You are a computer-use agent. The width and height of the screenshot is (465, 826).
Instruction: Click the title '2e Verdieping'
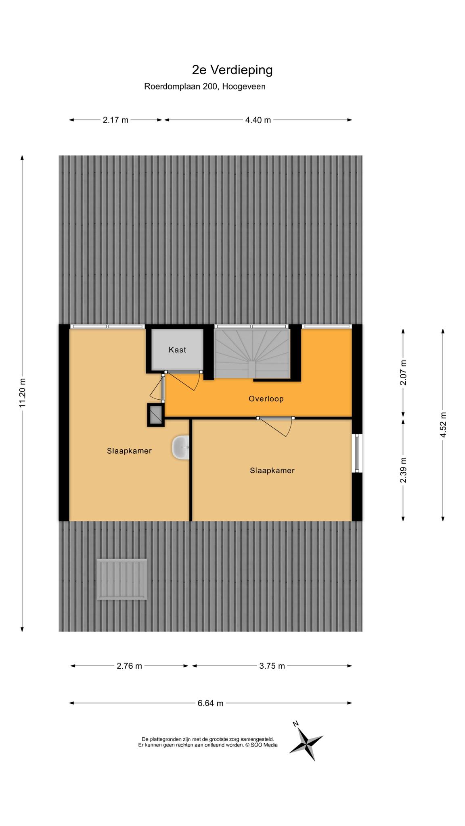pos(232,70)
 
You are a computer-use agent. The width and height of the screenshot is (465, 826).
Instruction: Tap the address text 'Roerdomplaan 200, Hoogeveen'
pos(205,86)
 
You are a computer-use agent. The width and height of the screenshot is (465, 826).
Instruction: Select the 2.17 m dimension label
pos(115,120)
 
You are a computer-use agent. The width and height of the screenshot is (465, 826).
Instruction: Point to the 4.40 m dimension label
pos(258,120)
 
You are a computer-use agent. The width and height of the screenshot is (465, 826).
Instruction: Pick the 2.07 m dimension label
pos(403,372)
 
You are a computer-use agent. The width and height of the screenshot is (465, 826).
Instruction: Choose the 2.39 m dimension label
pos(403,470)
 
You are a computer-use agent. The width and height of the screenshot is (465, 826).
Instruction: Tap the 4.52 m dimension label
pos(443,424)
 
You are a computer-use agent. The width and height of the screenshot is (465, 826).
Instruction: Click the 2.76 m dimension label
pos(129,666)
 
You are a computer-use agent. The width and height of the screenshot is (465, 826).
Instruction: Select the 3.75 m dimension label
pos(272,666)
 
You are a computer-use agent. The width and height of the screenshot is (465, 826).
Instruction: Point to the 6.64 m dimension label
pos(210,703)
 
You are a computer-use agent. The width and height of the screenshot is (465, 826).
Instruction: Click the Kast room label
pos(178,350)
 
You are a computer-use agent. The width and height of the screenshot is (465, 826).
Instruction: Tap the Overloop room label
pos(266,399)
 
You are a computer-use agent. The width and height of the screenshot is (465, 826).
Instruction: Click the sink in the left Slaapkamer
pos(181,447)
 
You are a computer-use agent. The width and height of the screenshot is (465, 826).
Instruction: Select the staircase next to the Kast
pos(252,354)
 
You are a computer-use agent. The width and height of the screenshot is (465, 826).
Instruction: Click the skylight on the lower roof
pos(121,579)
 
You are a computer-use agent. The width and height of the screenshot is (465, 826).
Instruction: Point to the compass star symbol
pos(306,741)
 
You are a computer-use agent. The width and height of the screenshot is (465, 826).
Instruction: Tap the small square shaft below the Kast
pos(156,415)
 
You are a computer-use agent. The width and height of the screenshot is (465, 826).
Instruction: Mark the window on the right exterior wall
pos(357,453)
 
